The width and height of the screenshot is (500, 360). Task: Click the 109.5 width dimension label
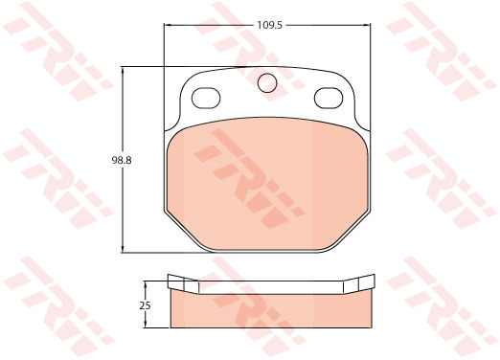click(x=270, y=25)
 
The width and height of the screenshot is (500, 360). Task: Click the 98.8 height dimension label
click(x=122, y=160)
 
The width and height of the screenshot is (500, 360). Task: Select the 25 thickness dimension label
click(x=145, y=305)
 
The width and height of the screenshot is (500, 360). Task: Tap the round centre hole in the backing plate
click(x=267, y=82)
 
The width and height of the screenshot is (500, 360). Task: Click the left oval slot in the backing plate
click(x=206, y=98)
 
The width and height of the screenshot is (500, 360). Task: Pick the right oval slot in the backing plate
click(x=329, y=98)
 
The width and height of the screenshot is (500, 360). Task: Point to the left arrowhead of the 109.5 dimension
click(x=168, y=25)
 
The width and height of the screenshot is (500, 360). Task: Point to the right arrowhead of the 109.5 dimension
click(x=367, y=25)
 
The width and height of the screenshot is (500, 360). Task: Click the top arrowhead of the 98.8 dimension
click(x=123, y=71)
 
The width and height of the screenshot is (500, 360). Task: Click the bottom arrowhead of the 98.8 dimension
click(x=123, y=248)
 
